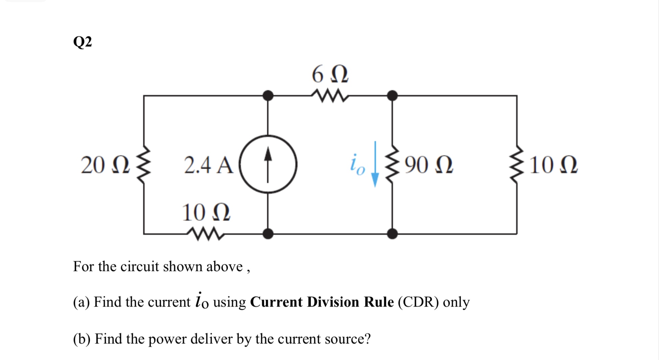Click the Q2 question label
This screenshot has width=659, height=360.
click(x=82, y=42)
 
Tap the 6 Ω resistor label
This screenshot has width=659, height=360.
click(x=330, y=75)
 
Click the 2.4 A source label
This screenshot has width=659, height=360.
click(x=208, y=165)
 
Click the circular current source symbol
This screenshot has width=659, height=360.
click(x=268, y=164)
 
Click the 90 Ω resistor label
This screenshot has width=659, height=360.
click(x=429, y=165)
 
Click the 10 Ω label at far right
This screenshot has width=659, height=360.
click(x=553, y=165)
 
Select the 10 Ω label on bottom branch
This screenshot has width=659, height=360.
click(x=206, y=213)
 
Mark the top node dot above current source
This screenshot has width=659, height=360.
click(x=268, y=96)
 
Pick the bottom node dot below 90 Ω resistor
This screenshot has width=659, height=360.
click(x=392, y=233)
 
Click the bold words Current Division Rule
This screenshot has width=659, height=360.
click(x=322, y=302)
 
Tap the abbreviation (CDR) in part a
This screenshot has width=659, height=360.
click(x=418, y=302)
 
